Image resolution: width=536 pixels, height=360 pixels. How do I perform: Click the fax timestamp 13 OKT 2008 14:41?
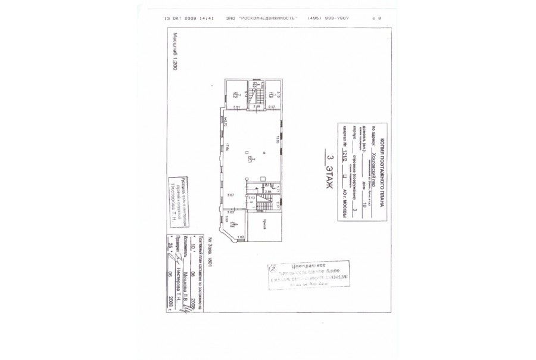point(188,18)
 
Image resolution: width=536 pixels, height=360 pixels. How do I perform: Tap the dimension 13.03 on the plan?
point(276,139)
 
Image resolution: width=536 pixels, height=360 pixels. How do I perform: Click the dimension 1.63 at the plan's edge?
point(240,237)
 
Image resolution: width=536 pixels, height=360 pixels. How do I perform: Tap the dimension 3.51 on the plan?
point(236,107)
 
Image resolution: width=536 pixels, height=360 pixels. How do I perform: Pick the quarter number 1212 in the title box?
point(343,157)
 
